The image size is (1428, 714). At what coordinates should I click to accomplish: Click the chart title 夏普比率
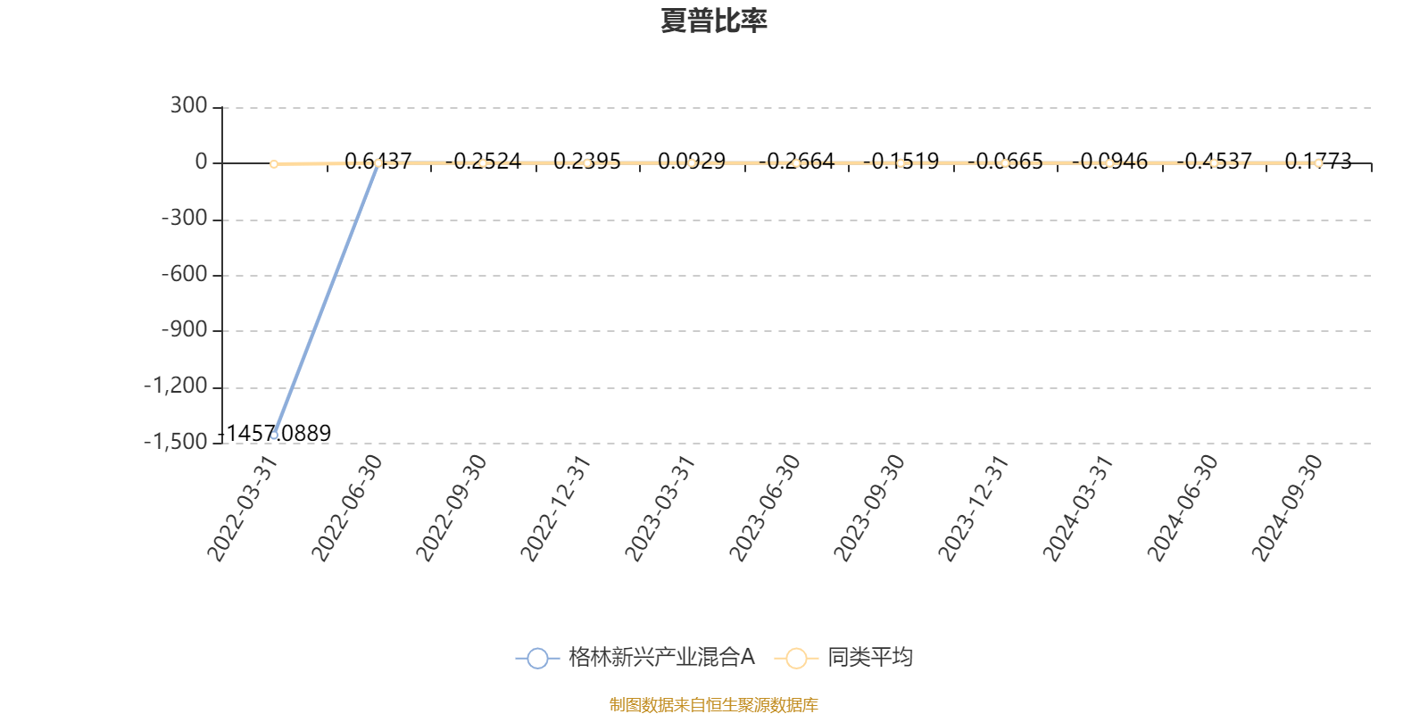point(713,21)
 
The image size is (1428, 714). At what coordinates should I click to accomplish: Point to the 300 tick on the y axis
point(188,106)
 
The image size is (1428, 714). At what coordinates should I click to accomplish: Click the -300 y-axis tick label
point(184,219)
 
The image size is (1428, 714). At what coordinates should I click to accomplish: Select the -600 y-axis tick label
point(184,275)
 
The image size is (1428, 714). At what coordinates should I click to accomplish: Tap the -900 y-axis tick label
point(184,330)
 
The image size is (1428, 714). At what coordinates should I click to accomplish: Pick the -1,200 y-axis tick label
point(176,386)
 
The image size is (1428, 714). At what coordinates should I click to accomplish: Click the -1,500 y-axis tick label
point(176,442)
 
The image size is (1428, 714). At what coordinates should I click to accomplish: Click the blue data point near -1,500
point(274,436)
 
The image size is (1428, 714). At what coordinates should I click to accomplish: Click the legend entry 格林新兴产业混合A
point(635,658)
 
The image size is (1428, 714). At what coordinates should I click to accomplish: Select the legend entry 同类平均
point(843,658)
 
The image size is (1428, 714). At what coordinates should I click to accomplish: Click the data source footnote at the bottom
point(713,705)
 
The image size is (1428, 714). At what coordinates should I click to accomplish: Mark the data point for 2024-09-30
point(1318,163)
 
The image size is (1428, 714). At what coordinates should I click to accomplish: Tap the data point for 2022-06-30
point(378,163)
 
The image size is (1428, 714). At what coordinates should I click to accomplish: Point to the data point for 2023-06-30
point(796,163)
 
